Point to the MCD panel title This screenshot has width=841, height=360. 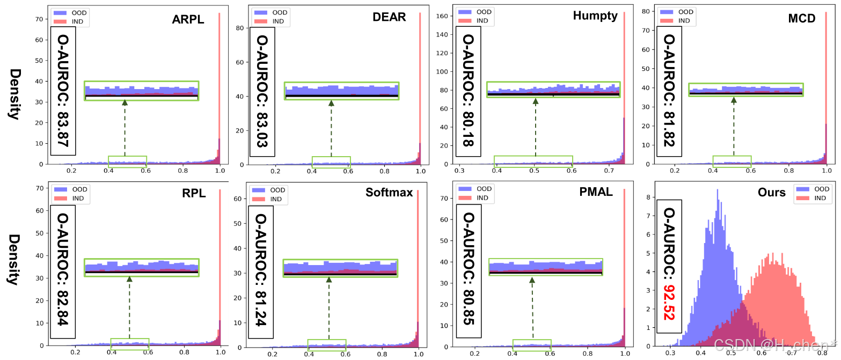[x=802, y=19]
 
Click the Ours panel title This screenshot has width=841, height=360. [x=772, y=192]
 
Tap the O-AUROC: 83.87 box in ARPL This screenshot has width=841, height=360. [x=63, y=91]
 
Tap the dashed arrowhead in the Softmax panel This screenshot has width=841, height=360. [x=329, y=279]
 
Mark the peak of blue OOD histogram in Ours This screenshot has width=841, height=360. [x=717, y=189]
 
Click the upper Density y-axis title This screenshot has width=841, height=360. [x=14, y=94]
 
